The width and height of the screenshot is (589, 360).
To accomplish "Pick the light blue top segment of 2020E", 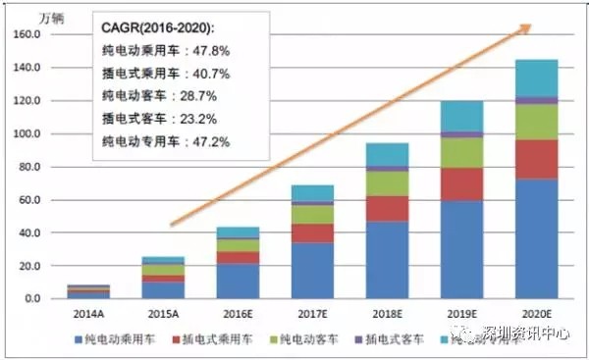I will [537, 78].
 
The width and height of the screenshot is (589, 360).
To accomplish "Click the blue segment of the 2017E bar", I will [312, 270].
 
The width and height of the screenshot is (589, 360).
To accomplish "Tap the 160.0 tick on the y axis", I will [25, 34].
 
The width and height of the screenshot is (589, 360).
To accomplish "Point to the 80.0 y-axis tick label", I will [26, 167].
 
